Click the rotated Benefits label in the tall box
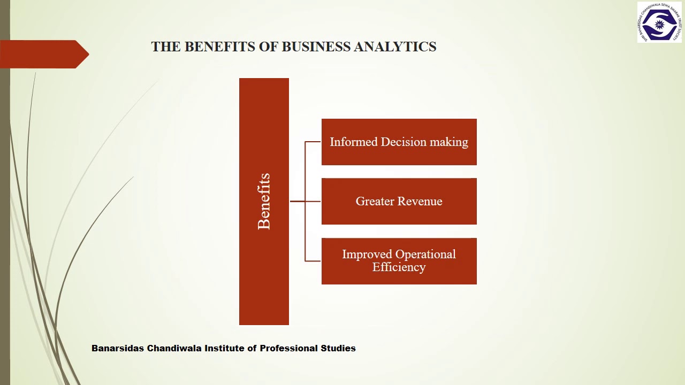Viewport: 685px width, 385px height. (264, 202)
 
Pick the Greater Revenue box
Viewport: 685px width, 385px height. (399, 214)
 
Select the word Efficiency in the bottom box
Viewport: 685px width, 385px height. (399, 267)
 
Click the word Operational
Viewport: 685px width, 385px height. (426, 255)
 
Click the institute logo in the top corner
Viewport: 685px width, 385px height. (659, 22)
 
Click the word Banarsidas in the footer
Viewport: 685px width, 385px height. (117, 348)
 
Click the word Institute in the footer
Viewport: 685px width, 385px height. (224, 348)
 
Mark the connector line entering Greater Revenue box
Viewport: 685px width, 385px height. (313, 202)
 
